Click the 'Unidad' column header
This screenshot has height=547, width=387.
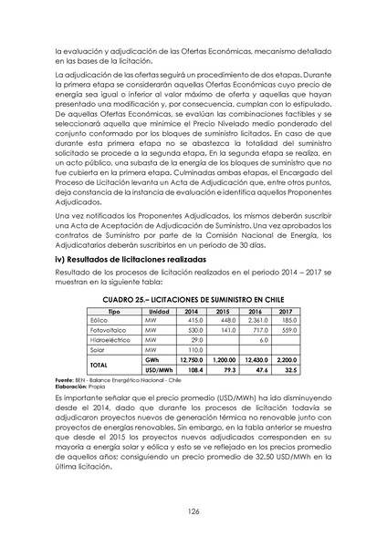point(159,312)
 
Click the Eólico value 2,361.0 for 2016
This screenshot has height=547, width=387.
point(258,321)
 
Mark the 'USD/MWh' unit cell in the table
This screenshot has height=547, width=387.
point(159,370)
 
